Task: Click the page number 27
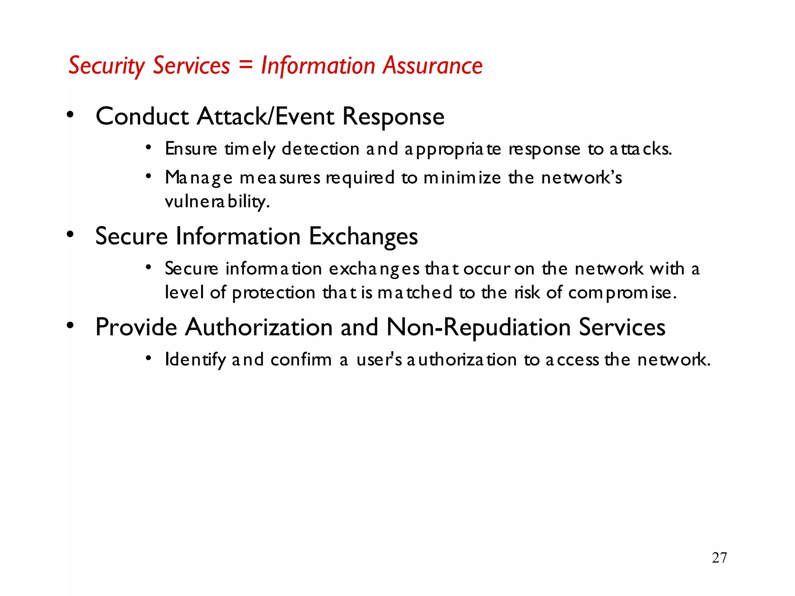[x=719, y=558]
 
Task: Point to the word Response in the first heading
[x=393, y=116]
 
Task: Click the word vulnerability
[x=217, y=202]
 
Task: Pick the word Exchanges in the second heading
[x=363, y=236]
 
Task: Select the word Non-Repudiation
[x=479, y=327]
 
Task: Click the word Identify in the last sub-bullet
[x=195, y=360]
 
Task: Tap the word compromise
[x=622, y=293]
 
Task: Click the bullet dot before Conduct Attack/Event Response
[x=70, y=114]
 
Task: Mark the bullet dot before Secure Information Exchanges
[x=70, y=234]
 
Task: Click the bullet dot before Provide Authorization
[x=70, y=325]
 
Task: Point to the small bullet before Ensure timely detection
[x=148, y=147]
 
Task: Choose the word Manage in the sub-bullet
[x=199, y=178]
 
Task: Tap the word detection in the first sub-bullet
[x=320, y=149]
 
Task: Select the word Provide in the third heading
[x=136, y=327]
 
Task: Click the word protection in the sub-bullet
[x=274, y=293]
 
